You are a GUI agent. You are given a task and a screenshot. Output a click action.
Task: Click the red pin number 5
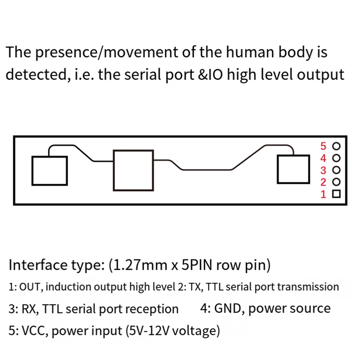tap(323, 146)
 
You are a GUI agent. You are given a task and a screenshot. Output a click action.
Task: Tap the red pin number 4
tap(323, 158)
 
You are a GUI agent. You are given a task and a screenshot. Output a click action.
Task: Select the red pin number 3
tap(323, 170)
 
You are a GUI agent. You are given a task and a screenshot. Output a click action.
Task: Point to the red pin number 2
tap(323, 182)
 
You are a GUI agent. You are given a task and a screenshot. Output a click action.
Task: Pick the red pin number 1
tap(323, 194)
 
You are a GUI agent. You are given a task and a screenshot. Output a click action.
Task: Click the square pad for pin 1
tap(337, 194)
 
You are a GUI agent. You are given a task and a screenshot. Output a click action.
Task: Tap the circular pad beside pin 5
tap(337, 146)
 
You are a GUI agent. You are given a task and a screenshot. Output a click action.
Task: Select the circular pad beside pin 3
tap(337, 170)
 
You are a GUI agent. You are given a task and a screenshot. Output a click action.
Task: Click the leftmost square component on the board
tap(49, 170)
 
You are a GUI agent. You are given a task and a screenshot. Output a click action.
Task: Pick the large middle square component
tap(133, 170)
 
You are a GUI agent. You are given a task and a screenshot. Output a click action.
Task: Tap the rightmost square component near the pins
tap(293, 169)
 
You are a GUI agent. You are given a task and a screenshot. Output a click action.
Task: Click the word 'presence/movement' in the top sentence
tap(107, 52)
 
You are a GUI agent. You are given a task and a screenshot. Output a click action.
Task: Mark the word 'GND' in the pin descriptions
tap(228, 308)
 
